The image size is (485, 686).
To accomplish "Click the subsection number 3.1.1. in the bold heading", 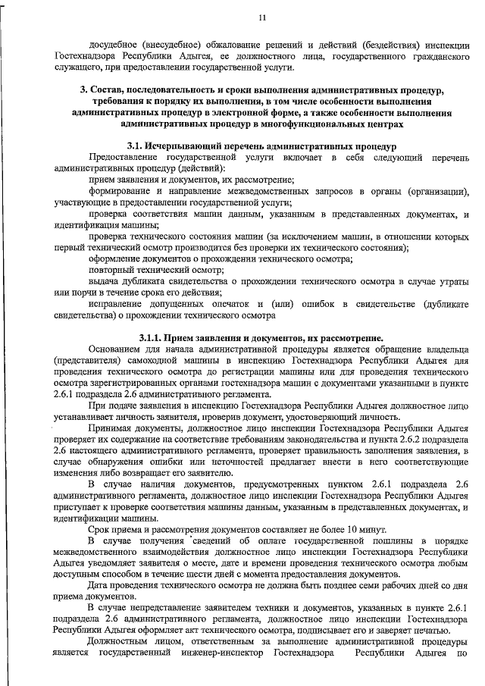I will (x=153, y=337).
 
